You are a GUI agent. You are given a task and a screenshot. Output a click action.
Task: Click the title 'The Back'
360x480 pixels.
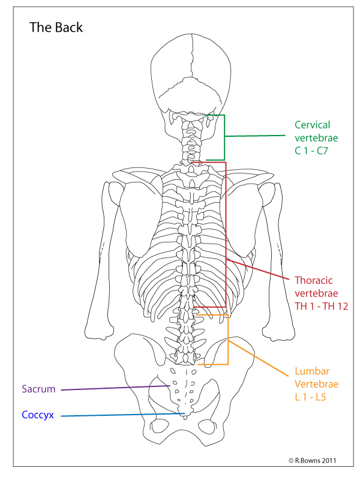[x=56, y=28]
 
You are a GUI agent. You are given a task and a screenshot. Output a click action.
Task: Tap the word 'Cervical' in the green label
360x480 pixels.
[x=313, y=125]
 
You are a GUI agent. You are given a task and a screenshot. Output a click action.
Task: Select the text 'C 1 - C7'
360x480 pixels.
[x=313, y=151]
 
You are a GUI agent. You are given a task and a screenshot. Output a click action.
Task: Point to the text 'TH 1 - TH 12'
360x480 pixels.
[x=322, y=306]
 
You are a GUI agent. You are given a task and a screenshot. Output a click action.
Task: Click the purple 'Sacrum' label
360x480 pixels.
[x=38, y=389]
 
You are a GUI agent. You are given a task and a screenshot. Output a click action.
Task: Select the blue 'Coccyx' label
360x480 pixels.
[x=38, y=415]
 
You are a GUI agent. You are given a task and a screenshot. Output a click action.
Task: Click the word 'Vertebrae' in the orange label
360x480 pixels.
[x=317, y=384]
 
